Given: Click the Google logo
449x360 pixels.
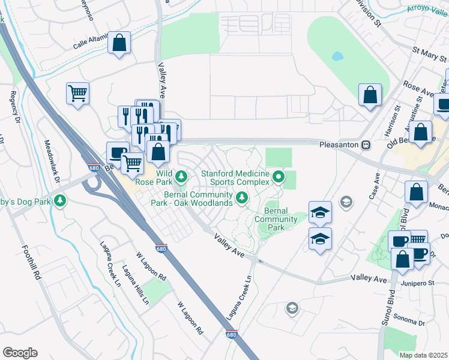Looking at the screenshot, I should [x=20, y=353].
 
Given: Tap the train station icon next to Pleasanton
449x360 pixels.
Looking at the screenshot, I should [x=364, y=145].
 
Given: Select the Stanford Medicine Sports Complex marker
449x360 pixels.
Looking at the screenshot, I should [x=279, y=176].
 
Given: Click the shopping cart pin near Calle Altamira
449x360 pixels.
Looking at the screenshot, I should [x=77, y=94].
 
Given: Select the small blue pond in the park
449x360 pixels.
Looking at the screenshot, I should [x=337, y=58].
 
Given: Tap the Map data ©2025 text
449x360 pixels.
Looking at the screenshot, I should [x=424, y=355].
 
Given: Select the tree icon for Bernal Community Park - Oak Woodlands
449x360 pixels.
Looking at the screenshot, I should [x=241, y=197].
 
